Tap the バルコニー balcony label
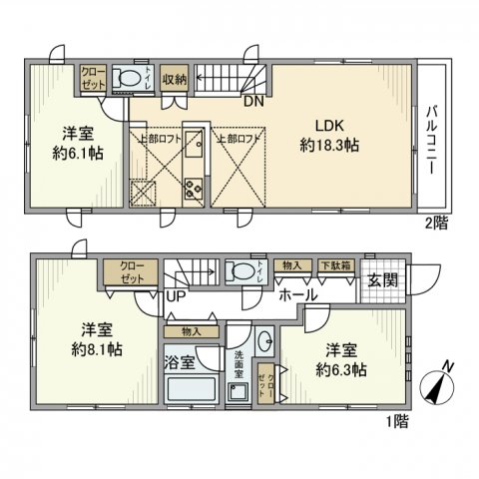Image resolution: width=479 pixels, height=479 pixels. [x=432, y=140]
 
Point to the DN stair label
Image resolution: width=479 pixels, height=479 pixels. [x=252, y=99]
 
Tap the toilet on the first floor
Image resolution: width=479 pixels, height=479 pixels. [x=239, y=270]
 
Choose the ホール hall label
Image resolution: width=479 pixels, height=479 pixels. [x=297, y=296]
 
